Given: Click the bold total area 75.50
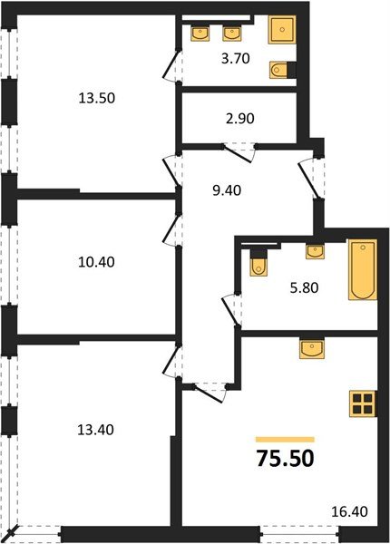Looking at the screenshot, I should click(x=285, y=457).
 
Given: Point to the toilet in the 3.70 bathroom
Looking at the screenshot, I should click(x=283, y=70).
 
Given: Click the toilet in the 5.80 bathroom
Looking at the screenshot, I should click(x=258, y=262).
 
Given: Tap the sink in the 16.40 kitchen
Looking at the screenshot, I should click(x=310, y=348).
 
